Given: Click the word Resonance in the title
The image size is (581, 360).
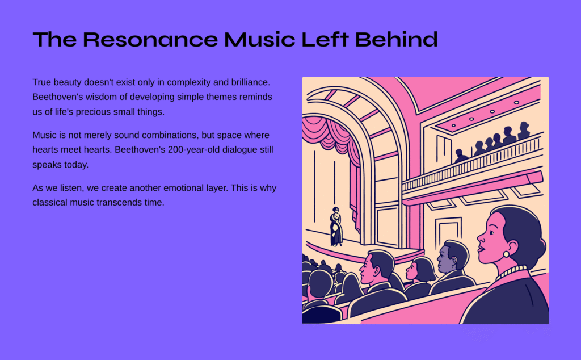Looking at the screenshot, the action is (150, 39).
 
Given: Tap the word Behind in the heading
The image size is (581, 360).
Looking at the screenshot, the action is (396, 39).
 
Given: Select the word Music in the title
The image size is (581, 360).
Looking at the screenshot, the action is (259, 39).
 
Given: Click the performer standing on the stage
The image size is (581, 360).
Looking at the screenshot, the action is (336, 227).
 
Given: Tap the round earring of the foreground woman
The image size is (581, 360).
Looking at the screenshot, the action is (506, 254).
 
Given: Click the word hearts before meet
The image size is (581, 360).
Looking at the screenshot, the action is (45, 150).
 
